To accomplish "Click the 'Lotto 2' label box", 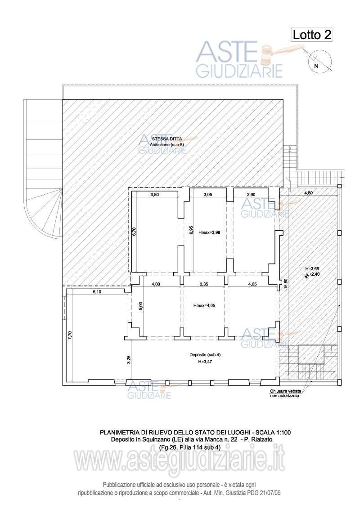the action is (311, 35).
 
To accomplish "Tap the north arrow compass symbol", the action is (319, 62).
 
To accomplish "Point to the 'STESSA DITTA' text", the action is (167, 139).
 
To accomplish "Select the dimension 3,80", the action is (155, 195).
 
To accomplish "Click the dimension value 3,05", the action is (207, 195).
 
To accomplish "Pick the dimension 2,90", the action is (251, 195).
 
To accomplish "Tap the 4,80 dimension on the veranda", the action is (308, 193).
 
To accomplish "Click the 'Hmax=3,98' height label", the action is (209, 232).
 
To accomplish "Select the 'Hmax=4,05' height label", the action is (204, 305).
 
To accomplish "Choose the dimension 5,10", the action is (97, 292).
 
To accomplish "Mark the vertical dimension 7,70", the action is (69, 335).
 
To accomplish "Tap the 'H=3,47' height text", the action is (205, 362).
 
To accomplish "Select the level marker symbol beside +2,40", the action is (306, 276).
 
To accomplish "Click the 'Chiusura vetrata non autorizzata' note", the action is (285, 394).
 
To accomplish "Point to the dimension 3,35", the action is (204, 284).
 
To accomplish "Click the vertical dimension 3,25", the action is (129, 360).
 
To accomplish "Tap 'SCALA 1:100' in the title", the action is (273, 433).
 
